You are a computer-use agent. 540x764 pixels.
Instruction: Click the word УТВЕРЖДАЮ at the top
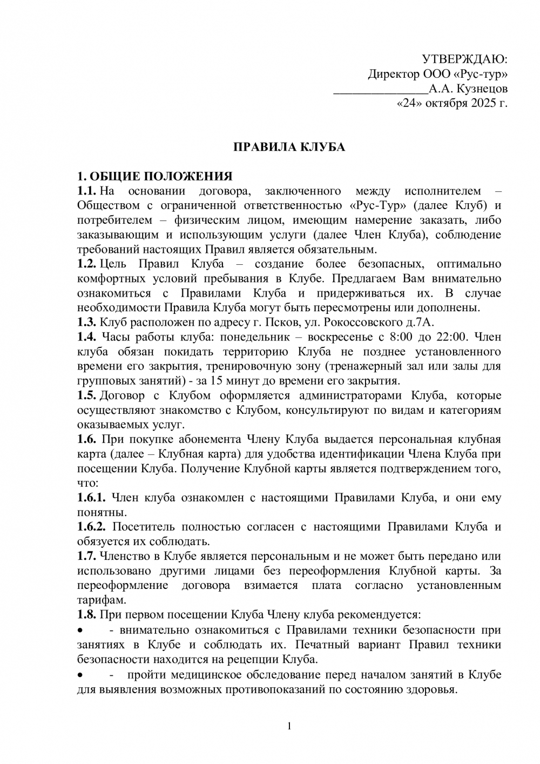coord(464,59)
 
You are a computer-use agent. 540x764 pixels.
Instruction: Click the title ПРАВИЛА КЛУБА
coord(289,147)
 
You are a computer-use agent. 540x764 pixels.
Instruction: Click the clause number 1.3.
coord(87,322)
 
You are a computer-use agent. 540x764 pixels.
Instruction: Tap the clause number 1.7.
coord(87,555)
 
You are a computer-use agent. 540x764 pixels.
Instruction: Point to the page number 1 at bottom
coord(289,726)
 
